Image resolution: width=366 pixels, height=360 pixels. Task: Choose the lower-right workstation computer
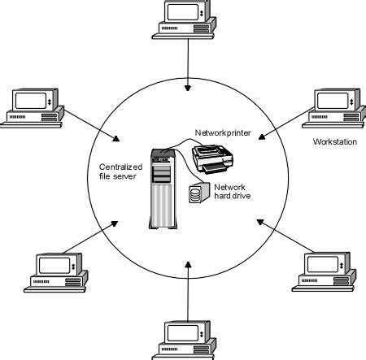pos(321,271)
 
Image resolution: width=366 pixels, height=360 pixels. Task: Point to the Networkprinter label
pos(222,132)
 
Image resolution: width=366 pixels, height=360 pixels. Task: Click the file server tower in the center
pos(162,188)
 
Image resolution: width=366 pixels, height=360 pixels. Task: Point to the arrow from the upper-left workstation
pos(90,124)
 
